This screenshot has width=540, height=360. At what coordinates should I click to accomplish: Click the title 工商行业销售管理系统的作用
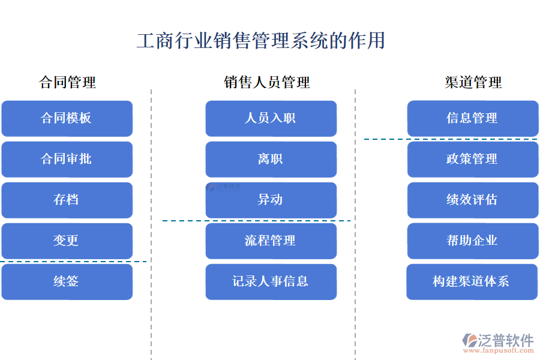[x=260, y=41]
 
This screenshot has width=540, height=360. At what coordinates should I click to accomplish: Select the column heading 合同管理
[x=67, y=82]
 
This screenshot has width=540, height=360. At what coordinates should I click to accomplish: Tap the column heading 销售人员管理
[x=267, y=82]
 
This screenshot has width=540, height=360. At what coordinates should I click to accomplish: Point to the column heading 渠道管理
[x=473, y=82]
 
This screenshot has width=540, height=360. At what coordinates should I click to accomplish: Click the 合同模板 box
[x=67, y=118]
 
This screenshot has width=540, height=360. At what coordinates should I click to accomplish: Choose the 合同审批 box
[x=67, y=159]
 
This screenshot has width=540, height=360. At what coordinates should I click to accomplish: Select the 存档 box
[x=67, y=200]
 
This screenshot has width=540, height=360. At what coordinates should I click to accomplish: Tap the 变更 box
[x=67, y=241]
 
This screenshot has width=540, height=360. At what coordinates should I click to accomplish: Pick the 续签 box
[x=67, y=281]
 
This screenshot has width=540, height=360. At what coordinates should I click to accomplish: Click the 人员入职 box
[x=271, y=118]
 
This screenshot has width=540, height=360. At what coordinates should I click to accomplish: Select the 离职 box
[x=271, y=159]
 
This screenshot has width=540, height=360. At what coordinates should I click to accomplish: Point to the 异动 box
[x=271, y=200]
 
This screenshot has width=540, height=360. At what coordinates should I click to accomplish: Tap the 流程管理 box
[x=271, y=241]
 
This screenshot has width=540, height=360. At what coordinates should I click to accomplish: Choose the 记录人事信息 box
[x=271, y=281]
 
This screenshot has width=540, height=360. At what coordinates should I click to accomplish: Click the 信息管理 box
[x=473, y=118]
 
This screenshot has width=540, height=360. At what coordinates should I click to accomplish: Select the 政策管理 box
[x=473, y=159]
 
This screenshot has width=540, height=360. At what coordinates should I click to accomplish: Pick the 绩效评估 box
[x=473, y=200]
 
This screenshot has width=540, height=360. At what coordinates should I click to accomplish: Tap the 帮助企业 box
[x=473, y=241]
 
